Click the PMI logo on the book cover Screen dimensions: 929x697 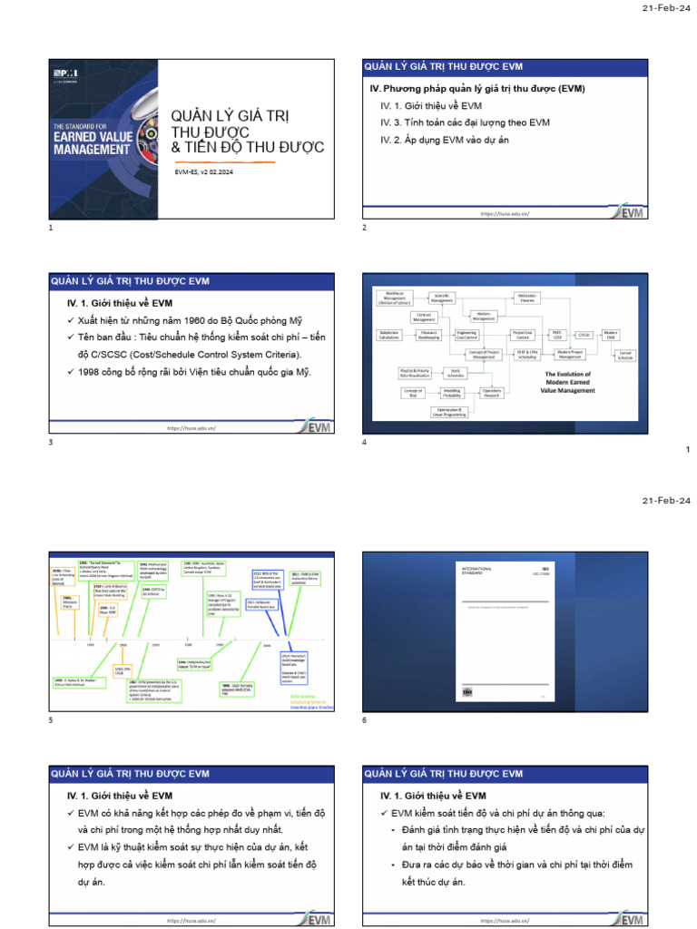coord(63,70)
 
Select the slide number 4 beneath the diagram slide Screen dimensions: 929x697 coord(365,442)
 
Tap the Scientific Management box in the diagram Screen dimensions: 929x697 coord(442,298)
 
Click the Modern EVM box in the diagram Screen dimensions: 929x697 coord(611,335)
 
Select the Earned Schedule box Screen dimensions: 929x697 coord(625,356)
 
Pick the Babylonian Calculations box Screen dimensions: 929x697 coord(390,335)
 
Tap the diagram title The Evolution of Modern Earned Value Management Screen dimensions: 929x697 coord(567,380)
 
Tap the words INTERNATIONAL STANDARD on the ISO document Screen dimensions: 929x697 coord(478,571)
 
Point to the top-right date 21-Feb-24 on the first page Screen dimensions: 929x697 coord(666,9)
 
